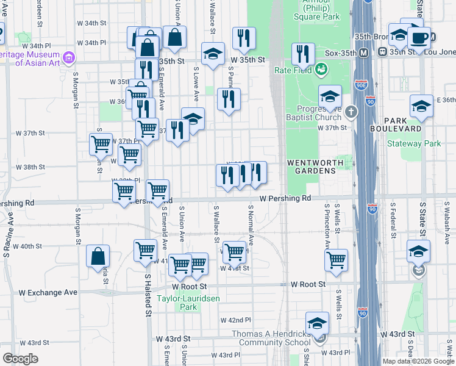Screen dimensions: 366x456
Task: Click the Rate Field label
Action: pyautogui.click(x=292, y=70)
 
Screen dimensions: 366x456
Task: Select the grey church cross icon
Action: pyautogui.click(x=351, y=112)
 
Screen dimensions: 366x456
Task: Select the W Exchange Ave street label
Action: pyautogui.click(x=52, y=292)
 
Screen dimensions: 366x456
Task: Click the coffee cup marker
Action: pyautogui.click(x=419, y=38)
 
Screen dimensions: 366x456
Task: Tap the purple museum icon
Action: pyautogui.click(x=69, y=59)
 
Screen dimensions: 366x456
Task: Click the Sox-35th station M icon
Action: pyautogui.click(x=364, y=53)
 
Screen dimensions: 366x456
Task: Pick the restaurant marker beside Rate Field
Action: pyautogui.click(x=302, y=55)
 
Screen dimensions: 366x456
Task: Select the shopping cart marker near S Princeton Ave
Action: pyautogui.click(x=336, y=260)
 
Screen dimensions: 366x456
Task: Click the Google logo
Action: pyautogui.click(x=20, y=359)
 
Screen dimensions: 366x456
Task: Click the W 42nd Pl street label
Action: pyautogui.click(x=235, y=320)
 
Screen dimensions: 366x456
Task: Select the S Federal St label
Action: pyautogui.click(x=394, y=216)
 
